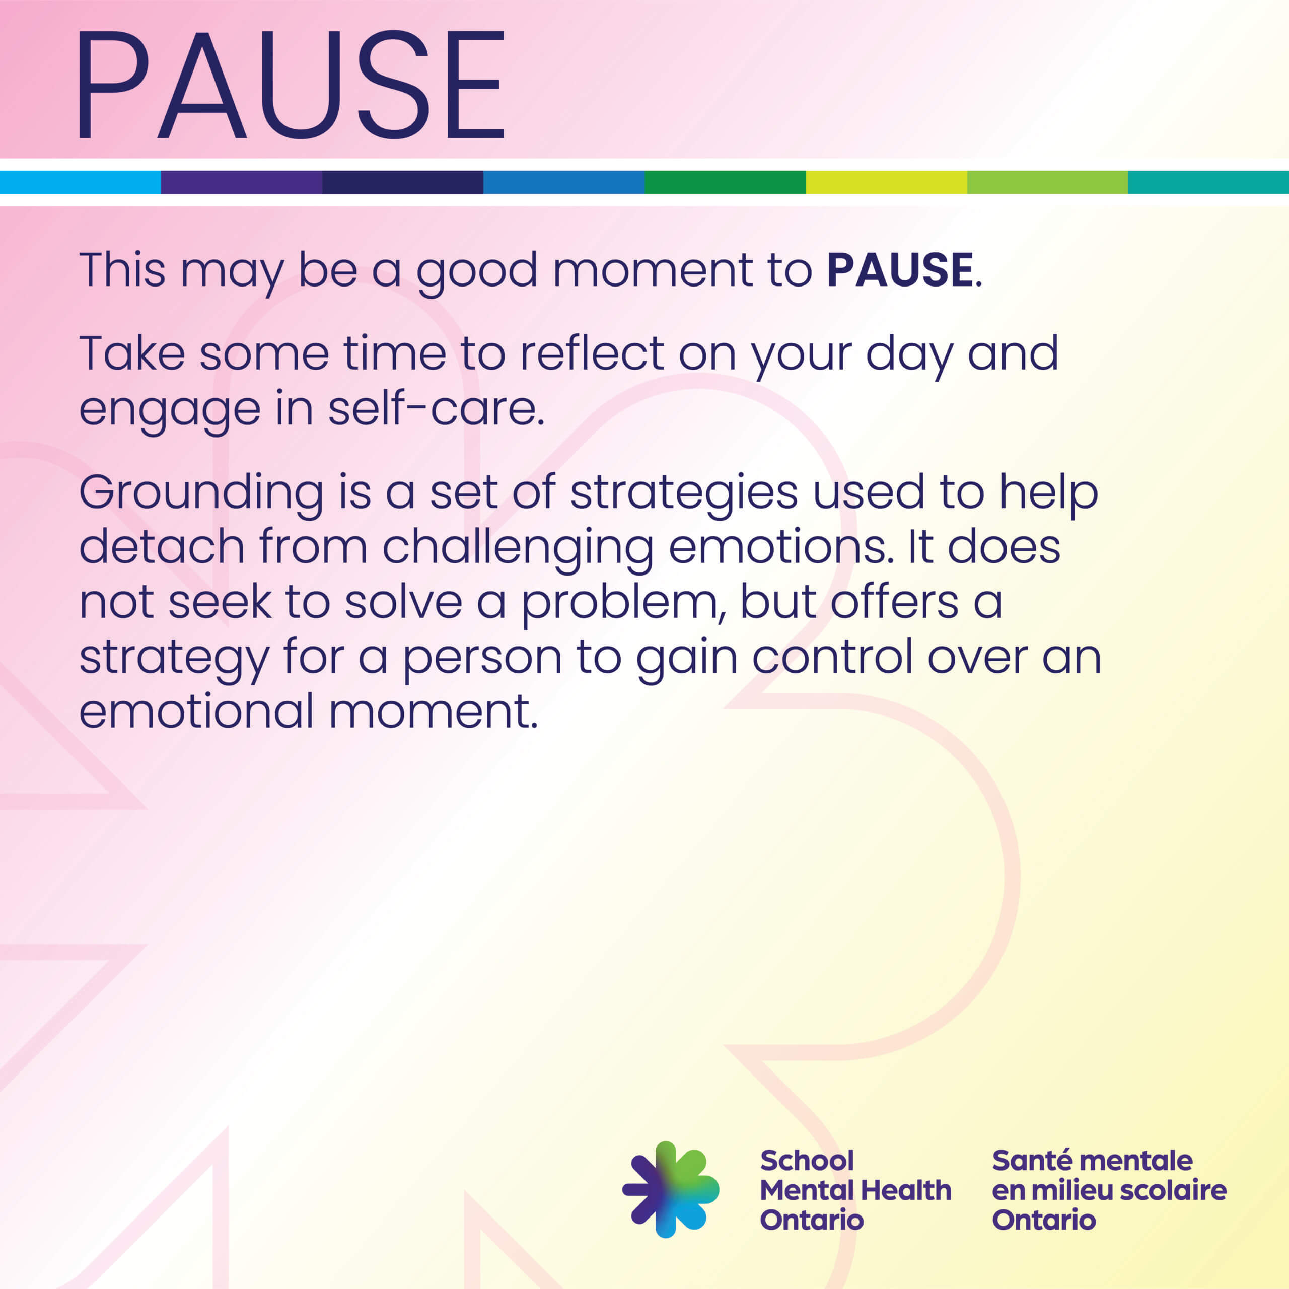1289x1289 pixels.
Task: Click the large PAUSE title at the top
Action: [x=292, y=85]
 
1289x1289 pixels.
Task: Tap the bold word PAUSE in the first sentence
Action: [x=900, y=270]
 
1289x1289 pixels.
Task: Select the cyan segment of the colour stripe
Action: [x=80, y=182]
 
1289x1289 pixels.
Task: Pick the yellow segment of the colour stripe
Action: [x=886, y=182]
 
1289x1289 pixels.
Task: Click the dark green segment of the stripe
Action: [x=725, y=182]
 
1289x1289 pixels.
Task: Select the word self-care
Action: [x=436, y=408]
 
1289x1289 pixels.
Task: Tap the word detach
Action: [x=162, y=548]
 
